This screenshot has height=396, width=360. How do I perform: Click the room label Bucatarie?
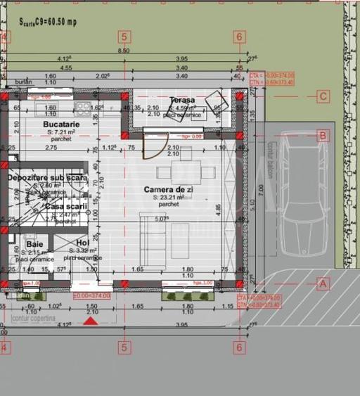60,123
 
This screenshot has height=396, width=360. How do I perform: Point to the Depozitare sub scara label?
47,178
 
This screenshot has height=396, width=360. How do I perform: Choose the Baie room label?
34,243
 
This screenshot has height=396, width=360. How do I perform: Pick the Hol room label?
82,243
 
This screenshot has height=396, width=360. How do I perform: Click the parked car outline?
303,200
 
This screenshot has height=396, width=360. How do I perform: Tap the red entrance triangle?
90,321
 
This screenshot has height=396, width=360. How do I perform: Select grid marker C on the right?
323,96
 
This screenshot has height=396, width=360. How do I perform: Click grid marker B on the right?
323,135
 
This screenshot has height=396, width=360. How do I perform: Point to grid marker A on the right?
323,283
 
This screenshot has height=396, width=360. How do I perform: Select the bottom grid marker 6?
240,347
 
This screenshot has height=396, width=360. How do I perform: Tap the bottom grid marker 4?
4,347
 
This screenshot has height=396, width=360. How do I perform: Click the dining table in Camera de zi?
186,171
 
